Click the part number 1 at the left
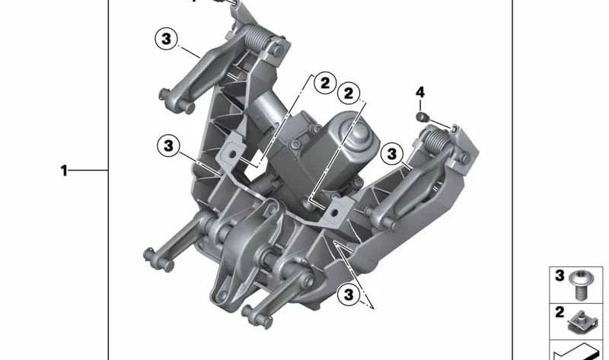click(x=65, y=171)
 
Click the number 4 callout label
click(x=420, y=93)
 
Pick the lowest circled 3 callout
click(x=348, y=293)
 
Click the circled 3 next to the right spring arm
click(x=391, y=154)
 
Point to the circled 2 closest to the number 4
click(x=349, y=93)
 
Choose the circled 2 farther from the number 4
click(x=324, y=82)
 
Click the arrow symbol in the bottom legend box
click(x=575, y=350)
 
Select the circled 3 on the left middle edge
click(x=168, y=144)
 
